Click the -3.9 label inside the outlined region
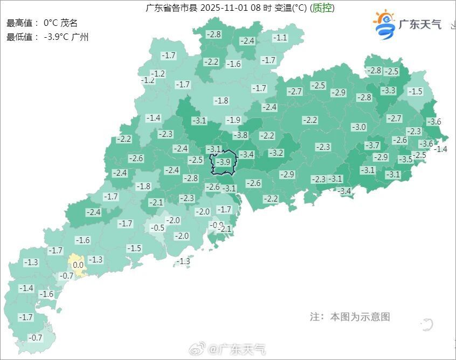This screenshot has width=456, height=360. (x=224, y=162)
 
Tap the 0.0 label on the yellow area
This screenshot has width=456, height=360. (x=78, y=265)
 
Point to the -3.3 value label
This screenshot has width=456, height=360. (x=388, y=91)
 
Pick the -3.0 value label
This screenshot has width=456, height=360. (x=358, y=127)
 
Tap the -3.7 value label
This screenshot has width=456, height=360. (x=372, y=146)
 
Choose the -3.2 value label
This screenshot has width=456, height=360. (x=276, y=153)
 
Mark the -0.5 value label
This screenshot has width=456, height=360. (x=157, y=228)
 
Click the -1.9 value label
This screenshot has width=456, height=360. (x=233, y=120)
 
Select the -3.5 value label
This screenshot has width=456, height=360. (x=405, y=159)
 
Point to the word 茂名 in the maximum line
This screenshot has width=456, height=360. (x=69, y=23)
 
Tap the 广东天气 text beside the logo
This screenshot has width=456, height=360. (x=420, y=25)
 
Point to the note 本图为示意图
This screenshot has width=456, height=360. (x=360, y=317)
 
